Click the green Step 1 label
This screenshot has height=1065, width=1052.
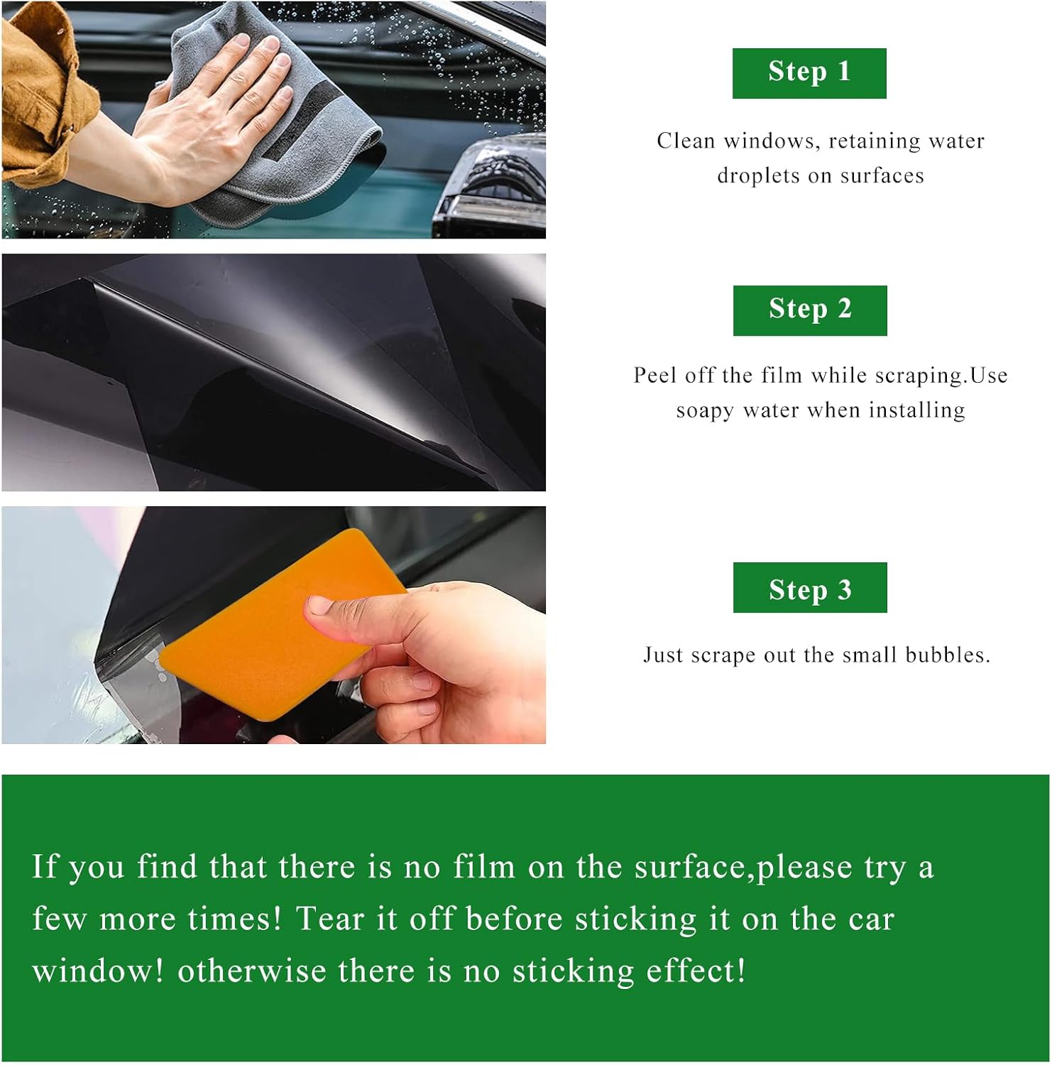pos(809,73)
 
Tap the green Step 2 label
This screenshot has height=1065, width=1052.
pos(810,310)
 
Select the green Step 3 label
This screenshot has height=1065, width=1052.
pos(810,587)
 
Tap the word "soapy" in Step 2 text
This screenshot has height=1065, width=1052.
pos(705,411)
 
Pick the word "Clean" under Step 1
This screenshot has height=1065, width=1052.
pos(686,141)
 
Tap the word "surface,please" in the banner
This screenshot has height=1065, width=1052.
pos(743,868)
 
